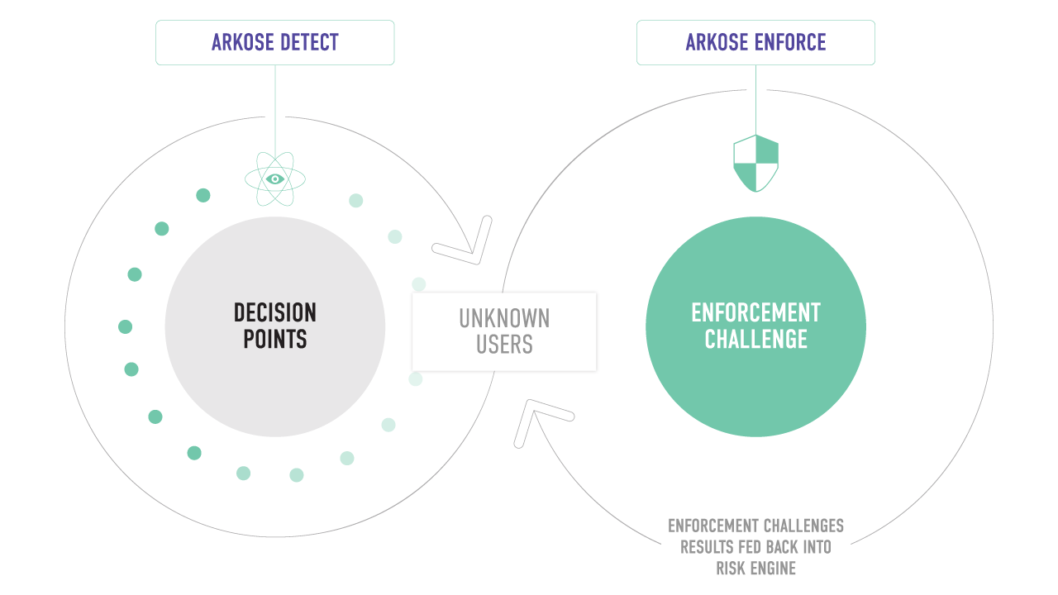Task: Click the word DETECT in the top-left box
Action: (x=309, y=42)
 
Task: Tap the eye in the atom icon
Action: (x=275, y=179)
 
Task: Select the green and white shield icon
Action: (x=755, y=164)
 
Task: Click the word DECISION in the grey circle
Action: (x=275, y=312)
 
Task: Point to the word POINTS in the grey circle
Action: (x=275, y=339)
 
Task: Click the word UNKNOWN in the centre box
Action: (x=504, y=318)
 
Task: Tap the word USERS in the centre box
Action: (x=504, y=345)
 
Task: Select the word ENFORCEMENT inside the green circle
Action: (x=755, y=312)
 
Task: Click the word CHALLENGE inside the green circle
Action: (x=755, y=339)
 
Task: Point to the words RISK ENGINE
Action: (x=755, y=568)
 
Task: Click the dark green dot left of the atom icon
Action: (x=203, y=195)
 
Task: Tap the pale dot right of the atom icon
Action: (x=355, y=200)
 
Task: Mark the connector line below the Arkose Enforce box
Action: (x=755, y=100)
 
